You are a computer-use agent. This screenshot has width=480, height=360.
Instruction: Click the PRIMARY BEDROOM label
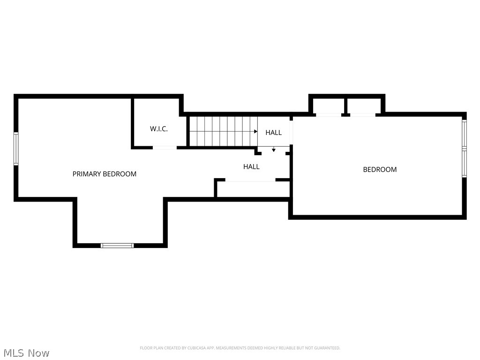click(104, 174)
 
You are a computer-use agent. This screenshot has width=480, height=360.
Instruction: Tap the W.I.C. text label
click(159, 129)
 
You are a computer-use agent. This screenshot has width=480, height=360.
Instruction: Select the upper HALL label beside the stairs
click(273, 133)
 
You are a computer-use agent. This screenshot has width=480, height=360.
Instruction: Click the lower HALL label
click(251, 166)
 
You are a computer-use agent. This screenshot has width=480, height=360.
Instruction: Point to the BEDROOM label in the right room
click(380, 170)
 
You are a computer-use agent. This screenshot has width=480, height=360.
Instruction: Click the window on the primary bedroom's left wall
click(16, 149)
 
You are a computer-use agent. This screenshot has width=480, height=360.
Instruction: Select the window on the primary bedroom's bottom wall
click(117, 245)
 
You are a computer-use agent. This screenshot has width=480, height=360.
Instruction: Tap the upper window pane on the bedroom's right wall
click(464, 134)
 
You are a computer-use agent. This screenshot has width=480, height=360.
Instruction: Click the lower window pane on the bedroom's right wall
click(464, 163)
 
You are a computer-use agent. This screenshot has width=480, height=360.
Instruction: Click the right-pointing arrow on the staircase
click(256, 132)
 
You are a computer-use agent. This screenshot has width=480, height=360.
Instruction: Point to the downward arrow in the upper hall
click(274, 150)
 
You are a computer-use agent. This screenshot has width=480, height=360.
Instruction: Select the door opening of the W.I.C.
click(165, 148)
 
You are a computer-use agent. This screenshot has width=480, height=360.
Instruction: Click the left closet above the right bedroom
click(328, 105)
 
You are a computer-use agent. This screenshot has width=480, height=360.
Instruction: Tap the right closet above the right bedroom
click(364, 105)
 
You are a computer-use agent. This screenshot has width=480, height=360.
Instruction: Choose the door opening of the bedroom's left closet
click(328, 115)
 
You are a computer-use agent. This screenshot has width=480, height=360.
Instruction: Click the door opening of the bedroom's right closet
click(362, 115)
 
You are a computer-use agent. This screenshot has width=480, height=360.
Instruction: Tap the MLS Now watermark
click(26, 353)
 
